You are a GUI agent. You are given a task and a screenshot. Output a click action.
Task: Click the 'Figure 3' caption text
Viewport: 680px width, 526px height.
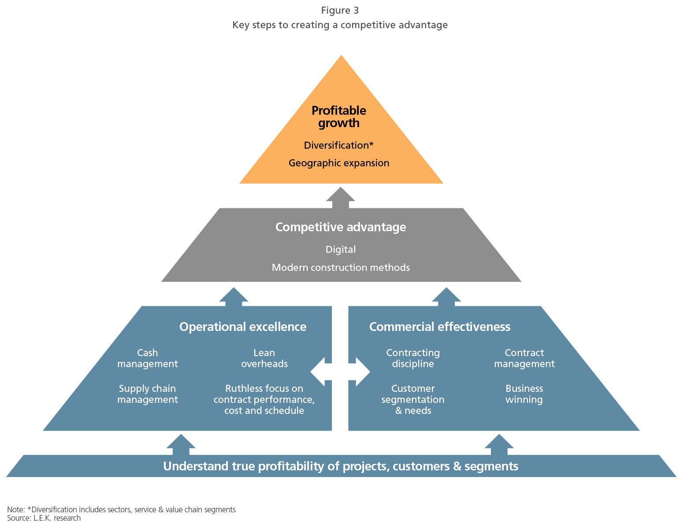[x=340, y=10]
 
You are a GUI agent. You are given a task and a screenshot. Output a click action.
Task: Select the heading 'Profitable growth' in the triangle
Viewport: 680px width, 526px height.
[x=338, y=116]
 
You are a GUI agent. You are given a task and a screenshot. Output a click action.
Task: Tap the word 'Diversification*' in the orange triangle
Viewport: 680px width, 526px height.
[x=338, y=145]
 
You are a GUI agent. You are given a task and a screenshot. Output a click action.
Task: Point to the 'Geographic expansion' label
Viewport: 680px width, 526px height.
[x=338, y=163]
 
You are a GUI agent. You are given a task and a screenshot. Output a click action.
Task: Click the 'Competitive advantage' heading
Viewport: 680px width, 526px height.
[x=340, y=227]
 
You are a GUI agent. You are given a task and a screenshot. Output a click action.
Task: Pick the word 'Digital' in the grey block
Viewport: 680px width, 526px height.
[x=340, y=249]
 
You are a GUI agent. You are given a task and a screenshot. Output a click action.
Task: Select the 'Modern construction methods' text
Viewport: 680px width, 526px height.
[x=340, y=267]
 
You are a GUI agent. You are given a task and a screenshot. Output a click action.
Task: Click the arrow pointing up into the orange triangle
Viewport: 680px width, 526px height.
[x=340, y=198]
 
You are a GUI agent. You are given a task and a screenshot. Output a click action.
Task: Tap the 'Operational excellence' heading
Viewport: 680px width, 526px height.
[x=242, y=327]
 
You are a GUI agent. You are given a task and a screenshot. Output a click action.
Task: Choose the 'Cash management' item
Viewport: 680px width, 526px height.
[x=147, y=358]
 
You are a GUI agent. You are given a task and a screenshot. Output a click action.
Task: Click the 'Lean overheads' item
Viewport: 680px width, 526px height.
[x=264, y=358]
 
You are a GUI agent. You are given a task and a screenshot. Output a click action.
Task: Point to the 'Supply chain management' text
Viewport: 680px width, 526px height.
[x=147, y=394]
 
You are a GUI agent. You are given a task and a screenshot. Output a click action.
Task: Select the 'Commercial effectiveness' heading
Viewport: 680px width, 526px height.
[x=439, y=327]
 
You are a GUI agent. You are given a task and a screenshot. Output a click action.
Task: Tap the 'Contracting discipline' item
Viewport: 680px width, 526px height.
[x=412, y=358]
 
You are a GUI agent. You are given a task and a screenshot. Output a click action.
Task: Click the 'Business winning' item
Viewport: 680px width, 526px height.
[x=524, y=394]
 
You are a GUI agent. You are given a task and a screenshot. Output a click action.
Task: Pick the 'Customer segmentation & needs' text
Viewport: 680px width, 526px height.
[x=412, y=399]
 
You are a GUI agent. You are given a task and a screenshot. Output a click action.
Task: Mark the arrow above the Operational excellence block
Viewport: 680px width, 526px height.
[x=234, y=297]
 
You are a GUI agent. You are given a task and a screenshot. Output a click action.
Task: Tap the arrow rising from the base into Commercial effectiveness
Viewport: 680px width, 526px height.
[x=499, y=444]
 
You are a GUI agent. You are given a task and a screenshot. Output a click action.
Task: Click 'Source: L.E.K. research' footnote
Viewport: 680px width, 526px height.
[x=44, y=518]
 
